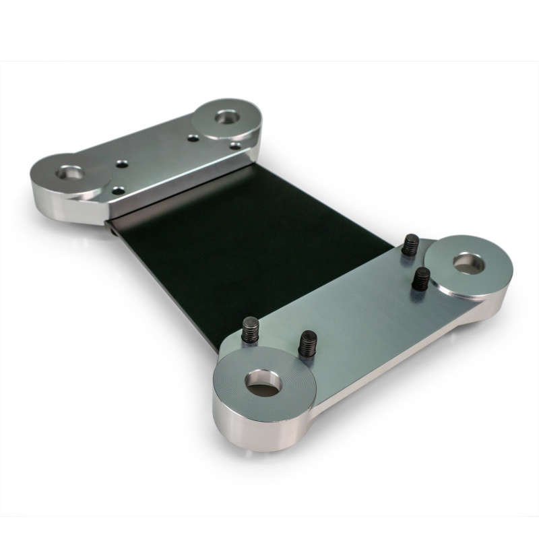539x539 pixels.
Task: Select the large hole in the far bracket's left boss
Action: [x=70, y=173]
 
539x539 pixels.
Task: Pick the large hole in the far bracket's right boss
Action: [x=228, y=117]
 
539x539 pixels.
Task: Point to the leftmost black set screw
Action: [x=250, y=329]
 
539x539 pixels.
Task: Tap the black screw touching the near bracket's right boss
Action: [x=421, y=278]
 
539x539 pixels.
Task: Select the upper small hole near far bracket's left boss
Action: [x=121, y=163]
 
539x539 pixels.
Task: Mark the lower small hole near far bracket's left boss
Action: [x=119, y=191]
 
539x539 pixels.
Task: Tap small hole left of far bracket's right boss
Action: [x=193, y=138]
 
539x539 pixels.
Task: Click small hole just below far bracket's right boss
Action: [x=235, y=145]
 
